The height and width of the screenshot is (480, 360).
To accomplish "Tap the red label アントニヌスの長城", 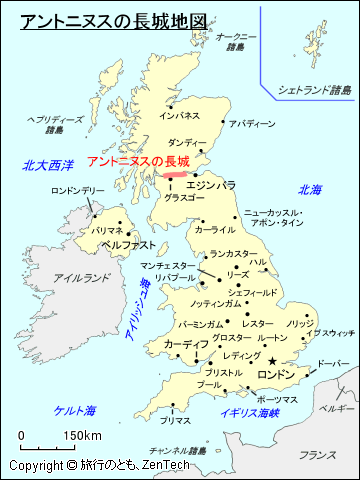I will click(138, 161).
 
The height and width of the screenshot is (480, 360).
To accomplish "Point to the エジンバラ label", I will click(211, 185).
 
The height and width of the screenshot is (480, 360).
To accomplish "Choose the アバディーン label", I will click(251, 124).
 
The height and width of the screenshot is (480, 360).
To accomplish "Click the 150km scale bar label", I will click(83, 435).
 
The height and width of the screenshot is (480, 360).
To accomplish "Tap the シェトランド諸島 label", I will click(315, 90).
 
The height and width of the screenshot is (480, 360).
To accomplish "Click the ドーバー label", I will click(333, 364).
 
